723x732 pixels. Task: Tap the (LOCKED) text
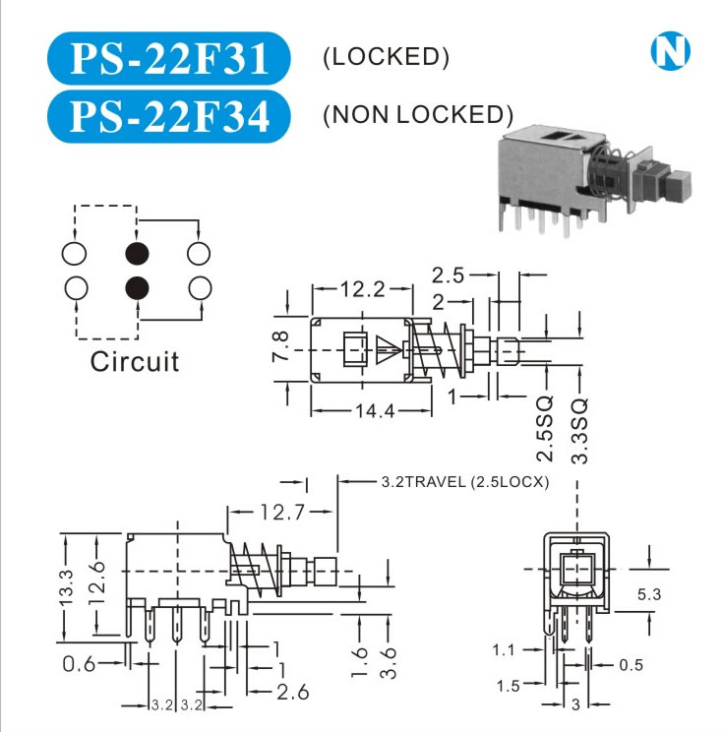point(386,57)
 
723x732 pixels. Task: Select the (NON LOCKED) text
point(418,115)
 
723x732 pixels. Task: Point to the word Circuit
point(135,361)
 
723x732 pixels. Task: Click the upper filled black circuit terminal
point(137,254)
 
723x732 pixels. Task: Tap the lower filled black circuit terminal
point(137,287)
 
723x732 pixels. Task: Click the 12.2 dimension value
point(362,290)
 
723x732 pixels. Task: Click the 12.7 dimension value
point(281,511)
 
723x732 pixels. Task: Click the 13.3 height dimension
point(66,588)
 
